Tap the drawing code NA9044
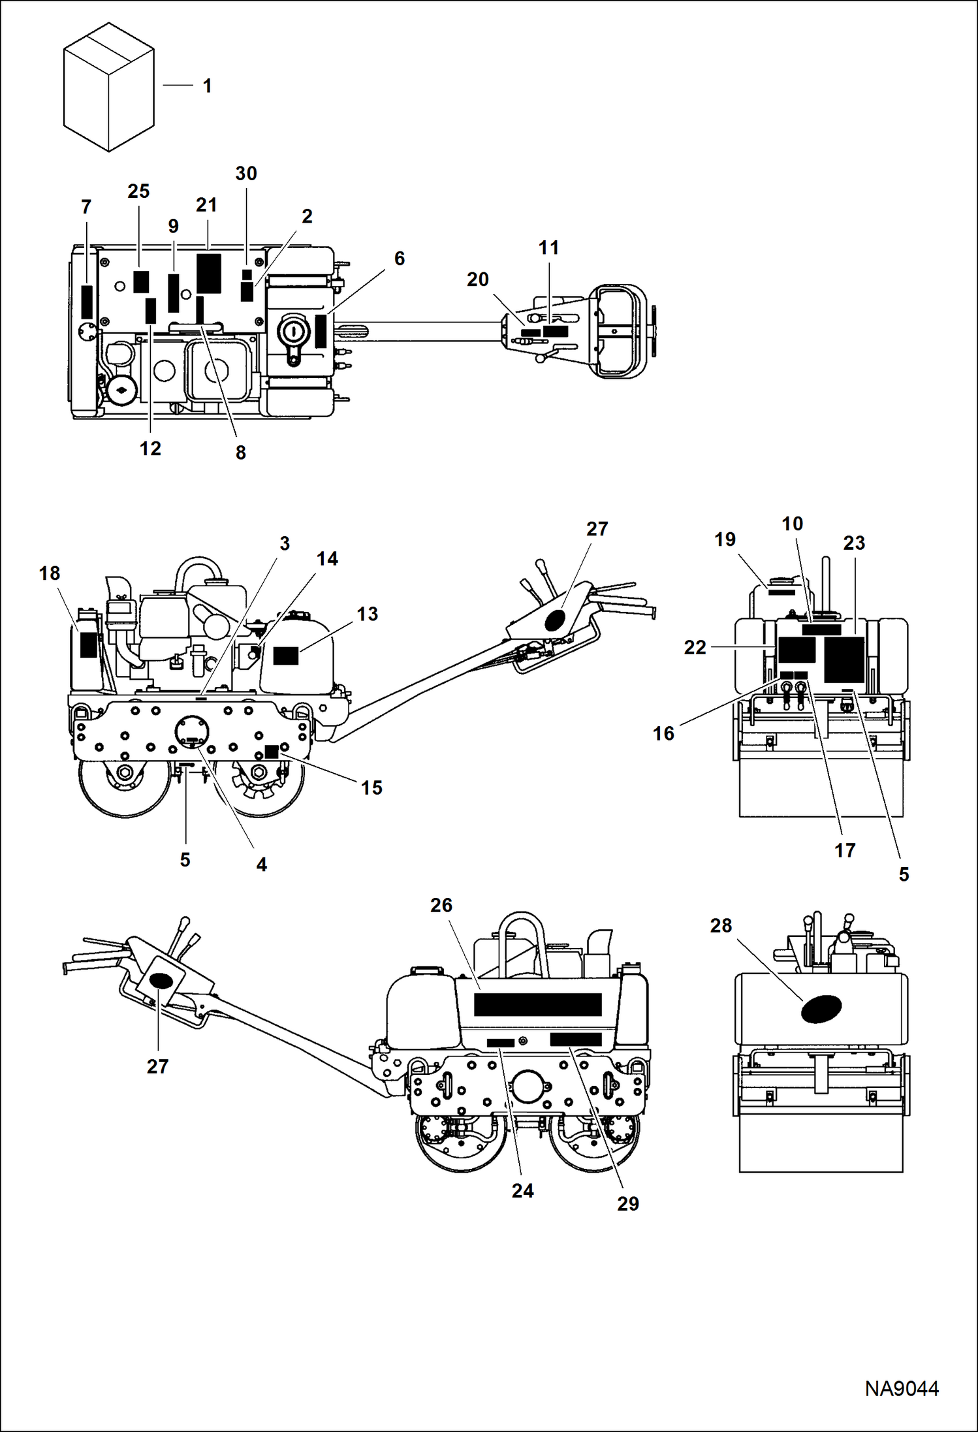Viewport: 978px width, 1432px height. [x=902, y=1388]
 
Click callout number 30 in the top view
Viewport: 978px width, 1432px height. [x=246, y=174]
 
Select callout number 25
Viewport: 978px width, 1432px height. [x=138, y=191]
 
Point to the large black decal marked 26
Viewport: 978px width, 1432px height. [x=537, y=1004]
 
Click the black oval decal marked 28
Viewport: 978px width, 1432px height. [x=821, y=1009]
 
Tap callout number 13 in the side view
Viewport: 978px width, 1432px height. [x=367, y=614]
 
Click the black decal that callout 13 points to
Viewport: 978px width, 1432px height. [x=285, y=656]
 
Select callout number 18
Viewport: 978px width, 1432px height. [x=50, y=573]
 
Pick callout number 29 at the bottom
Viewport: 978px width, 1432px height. [x=627, y=1203]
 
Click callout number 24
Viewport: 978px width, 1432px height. [x=522, y=1190]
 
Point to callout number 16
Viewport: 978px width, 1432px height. [x=663, y=733]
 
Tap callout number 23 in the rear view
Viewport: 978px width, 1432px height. [x=854, y=543]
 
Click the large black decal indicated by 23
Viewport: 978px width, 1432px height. [x=844, y=660]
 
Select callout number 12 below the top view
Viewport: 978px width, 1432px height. [x=150, y=449]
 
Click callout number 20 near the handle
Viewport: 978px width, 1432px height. [x=477, y=279]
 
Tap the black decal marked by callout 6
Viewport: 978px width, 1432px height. [x=321, y=331]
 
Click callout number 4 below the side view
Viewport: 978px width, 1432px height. [x=261, y=865]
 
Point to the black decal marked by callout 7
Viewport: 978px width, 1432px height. [x=87, y=302]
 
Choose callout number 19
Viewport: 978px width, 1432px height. [x=725, y=539]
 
